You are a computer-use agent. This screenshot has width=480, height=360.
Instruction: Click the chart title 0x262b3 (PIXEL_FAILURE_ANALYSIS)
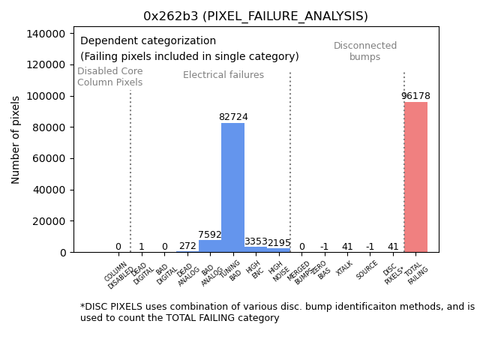(x=256, y=16)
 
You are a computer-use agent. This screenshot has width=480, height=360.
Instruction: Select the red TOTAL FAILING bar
(x=415, y=177)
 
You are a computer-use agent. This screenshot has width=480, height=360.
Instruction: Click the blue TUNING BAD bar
(x=232, y=187)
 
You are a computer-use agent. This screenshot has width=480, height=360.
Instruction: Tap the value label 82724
(x=233, y=117)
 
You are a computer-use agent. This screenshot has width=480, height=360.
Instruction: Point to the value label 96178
(x=415, y=96)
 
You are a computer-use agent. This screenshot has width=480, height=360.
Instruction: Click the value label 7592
(x=210, y=235)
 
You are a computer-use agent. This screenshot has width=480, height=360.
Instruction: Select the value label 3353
(x=256, y=241)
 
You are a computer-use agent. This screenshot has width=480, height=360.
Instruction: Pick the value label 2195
(x=278, y=243)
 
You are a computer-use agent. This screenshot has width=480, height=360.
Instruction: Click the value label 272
(x=187, y=246)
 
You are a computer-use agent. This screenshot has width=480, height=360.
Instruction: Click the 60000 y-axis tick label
(x=46, y=159)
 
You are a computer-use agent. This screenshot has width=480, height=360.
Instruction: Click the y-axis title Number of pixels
(x=16, y=140)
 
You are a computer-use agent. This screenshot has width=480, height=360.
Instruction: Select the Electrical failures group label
(x=223, y=75)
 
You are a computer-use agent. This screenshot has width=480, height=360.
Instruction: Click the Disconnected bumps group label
(x=365, y=52)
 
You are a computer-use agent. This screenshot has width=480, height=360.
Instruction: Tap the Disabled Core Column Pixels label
(x=109, y=76)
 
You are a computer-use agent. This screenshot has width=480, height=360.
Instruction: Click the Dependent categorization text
(x=148, y=41)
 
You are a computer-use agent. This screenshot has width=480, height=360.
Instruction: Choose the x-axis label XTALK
(x=346, y=268)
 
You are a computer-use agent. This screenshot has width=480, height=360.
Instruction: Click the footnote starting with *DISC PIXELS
(x=277, y=312)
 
